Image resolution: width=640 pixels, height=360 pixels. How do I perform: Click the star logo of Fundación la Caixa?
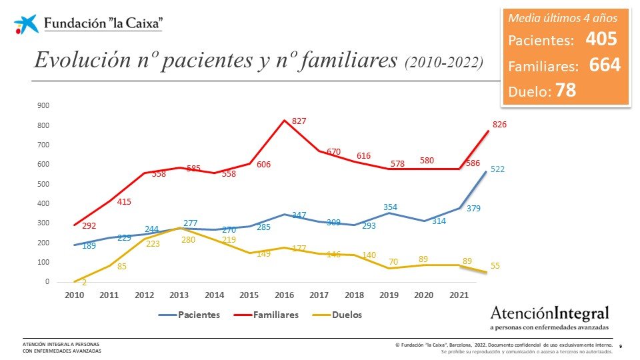(26, 24)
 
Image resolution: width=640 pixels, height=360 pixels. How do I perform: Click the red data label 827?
(299, 121)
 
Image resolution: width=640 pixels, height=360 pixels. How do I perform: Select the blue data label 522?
(497, 169)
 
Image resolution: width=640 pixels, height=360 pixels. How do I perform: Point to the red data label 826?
(499, 125)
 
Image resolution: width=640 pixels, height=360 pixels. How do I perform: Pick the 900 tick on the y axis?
(43, 105)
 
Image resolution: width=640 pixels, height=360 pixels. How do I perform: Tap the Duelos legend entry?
(346, 314)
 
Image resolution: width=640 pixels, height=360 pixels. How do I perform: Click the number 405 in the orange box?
(601, 39)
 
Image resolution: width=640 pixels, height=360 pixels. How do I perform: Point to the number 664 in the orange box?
(605, 65)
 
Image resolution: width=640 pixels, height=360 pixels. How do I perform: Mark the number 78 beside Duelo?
(565, 91)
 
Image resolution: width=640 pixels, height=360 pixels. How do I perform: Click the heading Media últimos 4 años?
(564, 17)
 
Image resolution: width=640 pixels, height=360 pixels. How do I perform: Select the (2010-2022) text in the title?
(443, 62)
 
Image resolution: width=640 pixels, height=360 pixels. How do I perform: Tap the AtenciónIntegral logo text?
(549, 313)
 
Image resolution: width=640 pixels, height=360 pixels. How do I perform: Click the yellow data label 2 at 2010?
(85, 282)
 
